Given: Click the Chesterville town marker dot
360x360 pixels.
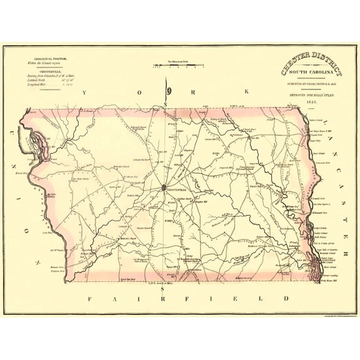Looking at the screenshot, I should [x=163, y=187].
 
